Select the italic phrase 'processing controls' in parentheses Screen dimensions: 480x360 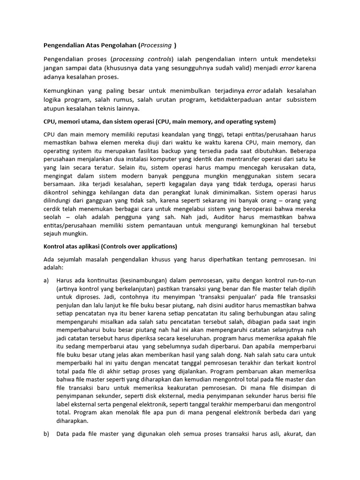(x=142, y=59)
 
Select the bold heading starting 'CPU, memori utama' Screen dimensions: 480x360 (x=160, y=121)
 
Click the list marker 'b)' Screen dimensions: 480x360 (x=46, y=434)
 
